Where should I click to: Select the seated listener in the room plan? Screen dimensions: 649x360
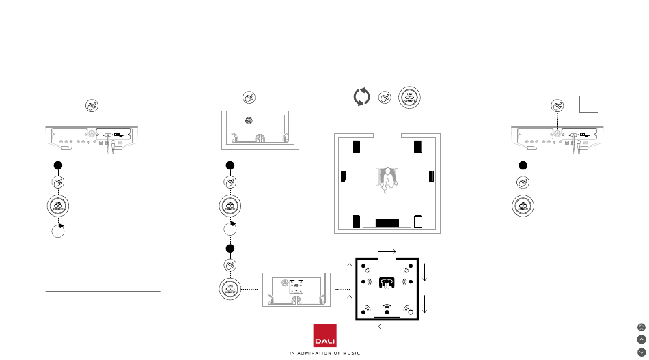pyautogui.click(x=387, y=180)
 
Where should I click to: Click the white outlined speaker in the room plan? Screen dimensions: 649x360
pyautogui.click(x=418, y=222)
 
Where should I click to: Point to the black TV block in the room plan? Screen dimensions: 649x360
pyautogui.click(x=387, y=223)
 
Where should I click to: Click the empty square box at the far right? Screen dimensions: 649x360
pyautogui.click(x=590, y=105)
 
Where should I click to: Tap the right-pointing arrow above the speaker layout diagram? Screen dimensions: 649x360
pyautogui.click(x=387, y=251)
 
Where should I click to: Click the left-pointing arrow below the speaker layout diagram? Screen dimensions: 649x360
pyautogui.click(x=387, y=327)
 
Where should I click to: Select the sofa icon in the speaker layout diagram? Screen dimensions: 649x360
pyautogui.click(x=387, y=281)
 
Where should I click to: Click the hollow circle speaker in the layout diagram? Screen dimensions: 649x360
pyautogui.click(x=411, y=313)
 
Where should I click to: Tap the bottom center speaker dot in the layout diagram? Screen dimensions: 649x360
pyautogui.click(x=387, y=313)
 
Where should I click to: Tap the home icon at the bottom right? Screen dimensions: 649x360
pyautogui.click(x=641, y=327)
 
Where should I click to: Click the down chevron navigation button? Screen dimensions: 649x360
pyautogui.click(x=641, y=351)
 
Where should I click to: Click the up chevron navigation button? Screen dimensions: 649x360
pyautogui.click(x=641, y=339)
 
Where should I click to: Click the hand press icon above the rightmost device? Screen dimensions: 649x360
pyautogui.click(x=557, y=105)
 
